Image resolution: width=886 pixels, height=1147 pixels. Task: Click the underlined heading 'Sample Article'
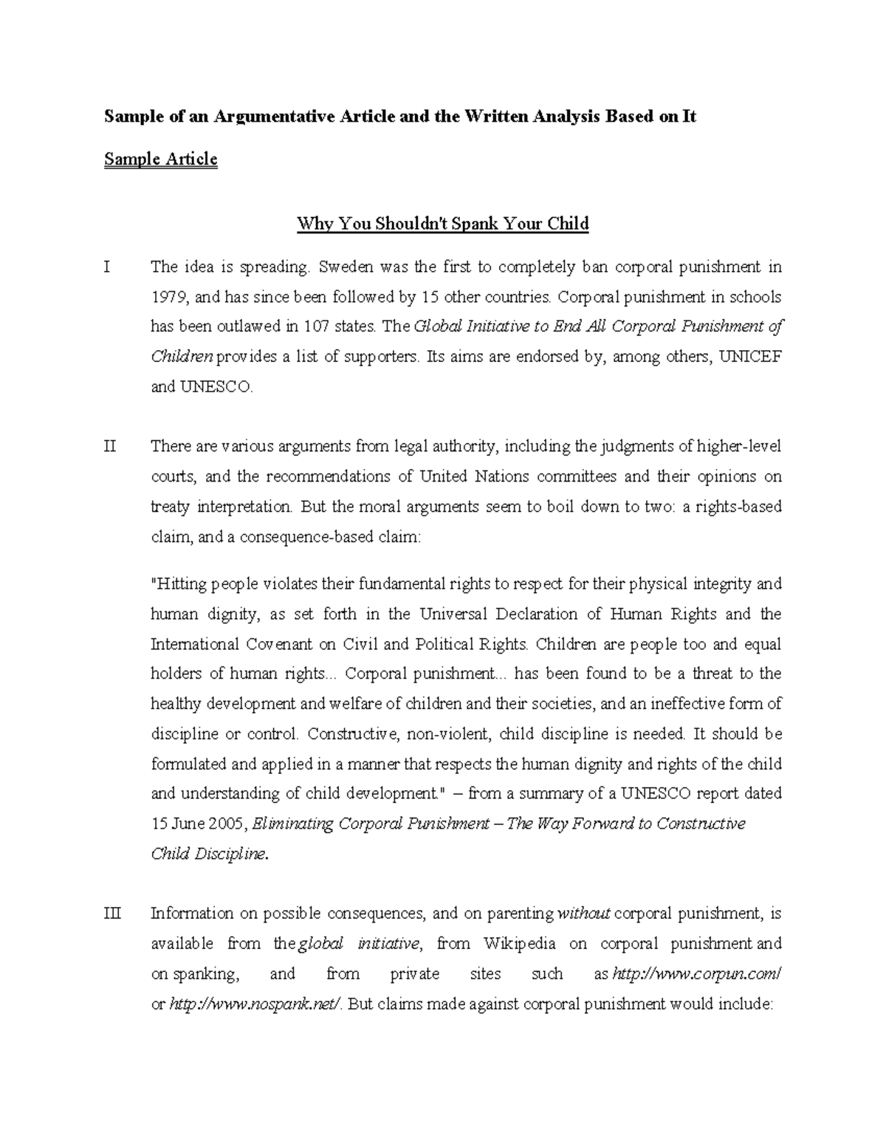160,160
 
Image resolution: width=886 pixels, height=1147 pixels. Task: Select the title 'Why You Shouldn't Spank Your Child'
442,224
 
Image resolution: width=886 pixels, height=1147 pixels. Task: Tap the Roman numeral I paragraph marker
107,267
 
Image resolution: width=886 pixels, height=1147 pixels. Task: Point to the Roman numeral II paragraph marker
109,447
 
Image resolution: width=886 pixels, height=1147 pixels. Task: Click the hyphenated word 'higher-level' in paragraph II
738,447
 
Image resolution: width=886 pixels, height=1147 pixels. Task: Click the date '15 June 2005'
199,824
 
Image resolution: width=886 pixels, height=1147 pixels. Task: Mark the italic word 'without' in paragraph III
583,914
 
